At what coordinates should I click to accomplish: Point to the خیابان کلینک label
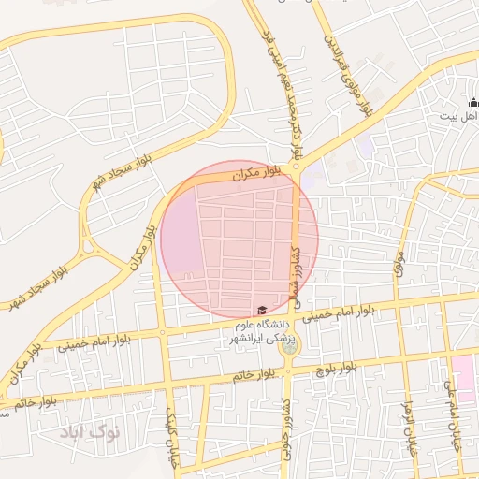pos(171,435)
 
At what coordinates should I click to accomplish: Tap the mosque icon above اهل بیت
pos(473,103)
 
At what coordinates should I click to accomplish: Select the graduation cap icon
pos(261,311)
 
